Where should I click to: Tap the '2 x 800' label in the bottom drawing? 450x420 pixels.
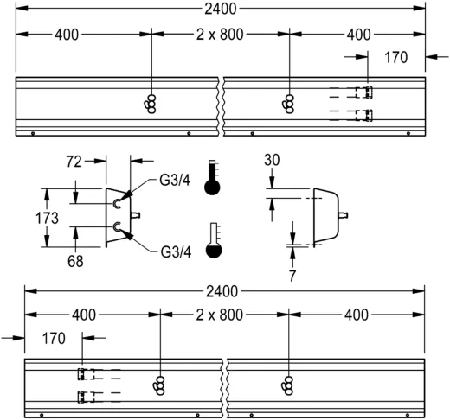pos(219,315)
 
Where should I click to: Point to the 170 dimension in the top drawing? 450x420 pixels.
pos(395,59)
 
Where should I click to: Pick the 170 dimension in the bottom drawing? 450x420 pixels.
pos(54,339)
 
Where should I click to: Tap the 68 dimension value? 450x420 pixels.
pos(76,260)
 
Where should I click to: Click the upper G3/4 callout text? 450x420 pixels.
pos(176,181)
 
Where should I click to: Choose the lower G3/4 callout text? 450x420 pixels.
pos(176,252)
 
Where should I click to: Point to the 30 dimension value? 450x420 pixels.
pos(273,161)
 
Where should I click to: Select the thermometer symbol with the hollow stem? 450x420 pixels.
pos(213,241)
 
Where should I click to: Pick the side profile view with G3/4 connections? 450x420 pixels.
pos(118,216)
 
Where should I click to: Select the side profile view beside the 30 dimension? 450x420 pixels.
pos(325,213)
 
